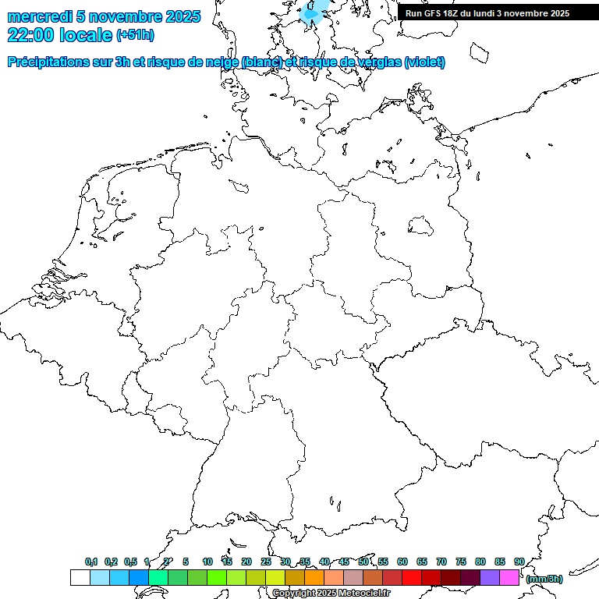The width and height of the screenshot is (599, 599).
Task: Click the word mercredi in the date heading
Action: point(39,16)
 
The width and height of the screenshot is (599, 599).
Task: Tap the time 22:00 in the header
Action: point(31,35)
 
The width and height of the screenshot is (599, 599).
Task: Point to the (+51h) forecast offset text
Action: point(135,35)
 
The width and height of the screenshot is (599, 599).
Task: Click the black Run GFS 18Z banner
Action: point(487,13)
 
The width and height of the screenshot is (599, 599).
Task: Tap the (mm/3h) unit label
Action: point(544,579)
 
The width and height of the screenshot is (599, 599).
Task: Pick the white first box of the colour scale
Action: point(80,577)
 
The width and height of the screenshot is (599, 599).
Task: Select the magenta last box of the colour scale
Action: point(509,577)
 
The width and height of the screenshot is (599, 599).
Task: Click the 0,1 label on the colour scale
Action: point(90,562)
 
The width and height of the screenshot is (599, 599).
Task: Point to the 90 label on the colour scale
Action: point(519,562)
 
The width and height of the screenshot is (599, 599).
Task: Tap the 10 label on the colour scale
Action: point(207,562)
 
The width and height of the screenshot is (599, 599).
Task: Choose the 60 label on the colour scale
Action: point(402,562)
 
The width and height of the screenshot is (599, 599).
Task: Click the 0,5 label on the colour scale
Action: point(130,562)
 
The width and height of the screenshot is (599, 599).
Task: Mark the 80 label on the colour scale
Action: point(480,562)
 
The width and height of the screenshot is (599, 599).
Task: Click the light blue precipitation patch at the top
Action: point(314,12)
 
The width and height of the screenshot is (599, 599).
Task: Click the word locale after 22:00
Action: point(86,35)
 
